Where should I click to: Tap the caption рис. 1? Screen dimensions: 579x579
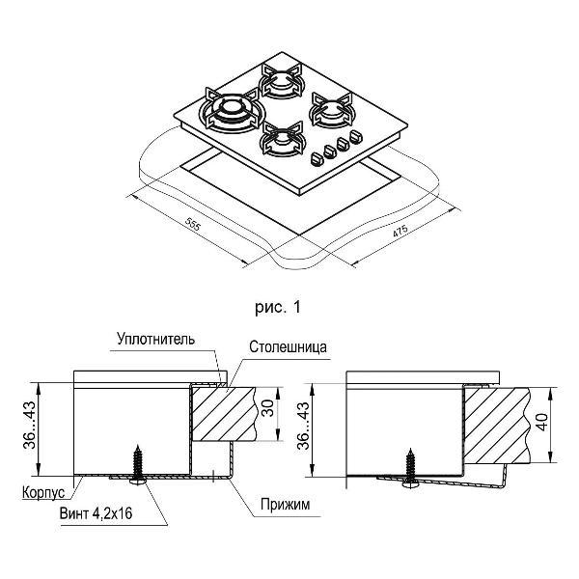click(x=278, y=308)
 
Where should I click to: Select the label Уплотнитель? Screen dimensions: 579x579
click(x=155, y=340)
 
